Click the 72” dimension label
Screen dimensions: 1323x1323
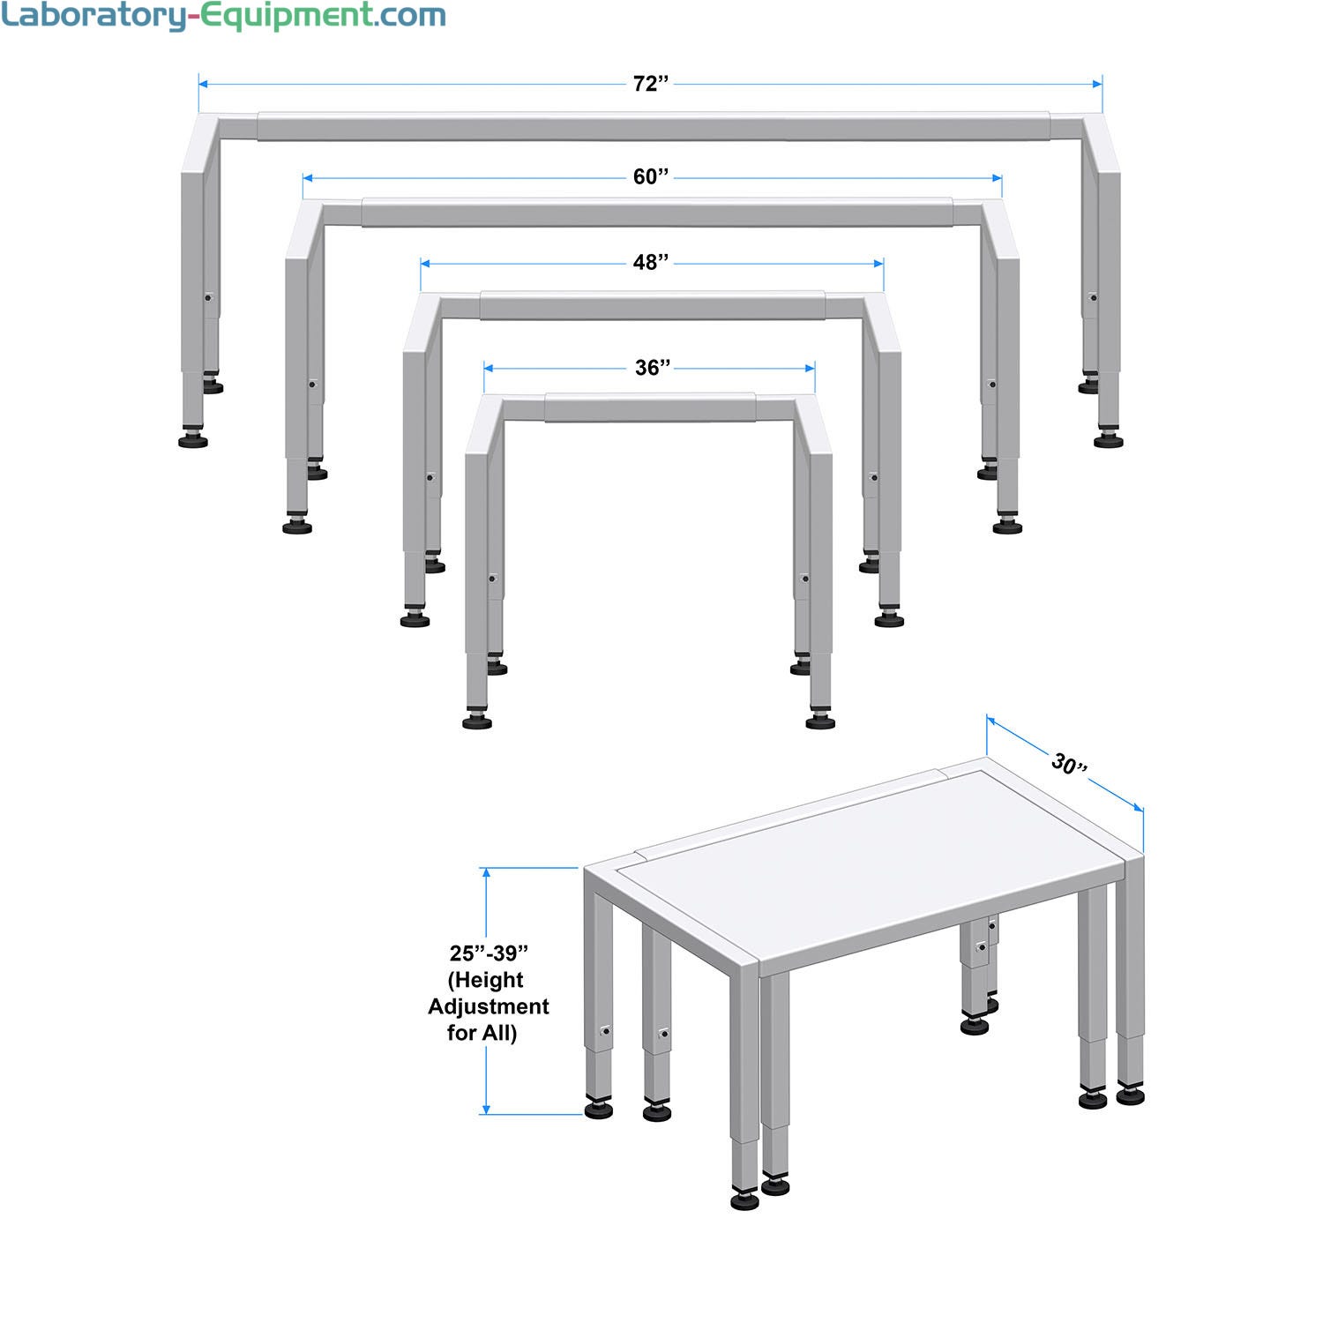coord(651,84)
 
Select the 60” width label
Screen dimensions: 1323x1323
coord(651,177)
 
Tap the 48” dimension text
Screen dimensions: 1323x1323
coord(651,263)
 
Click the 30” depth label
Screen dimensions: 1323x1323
coord(1069,764)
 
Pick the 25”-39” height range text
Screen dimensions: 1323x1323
coord(489,953)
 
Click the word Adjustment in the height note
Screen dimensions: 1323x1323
coord(489,1006)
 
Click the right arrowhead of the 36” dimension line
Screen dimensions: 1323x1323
coord(810,368)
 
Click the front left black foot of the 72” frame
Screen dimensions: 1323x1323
coord(193,439)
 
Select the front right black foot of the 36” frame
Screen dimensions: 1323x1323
coord(821,721)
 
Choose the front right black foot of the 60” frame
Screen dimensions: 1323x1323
coord(1007,526)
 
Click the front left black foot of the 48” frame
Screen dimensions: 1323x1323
coord(415,619)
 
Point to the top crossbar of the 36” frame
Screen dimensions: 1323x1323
coord(650,408)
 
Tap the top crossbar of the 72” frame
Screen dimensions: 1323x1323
coord(653,127)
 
